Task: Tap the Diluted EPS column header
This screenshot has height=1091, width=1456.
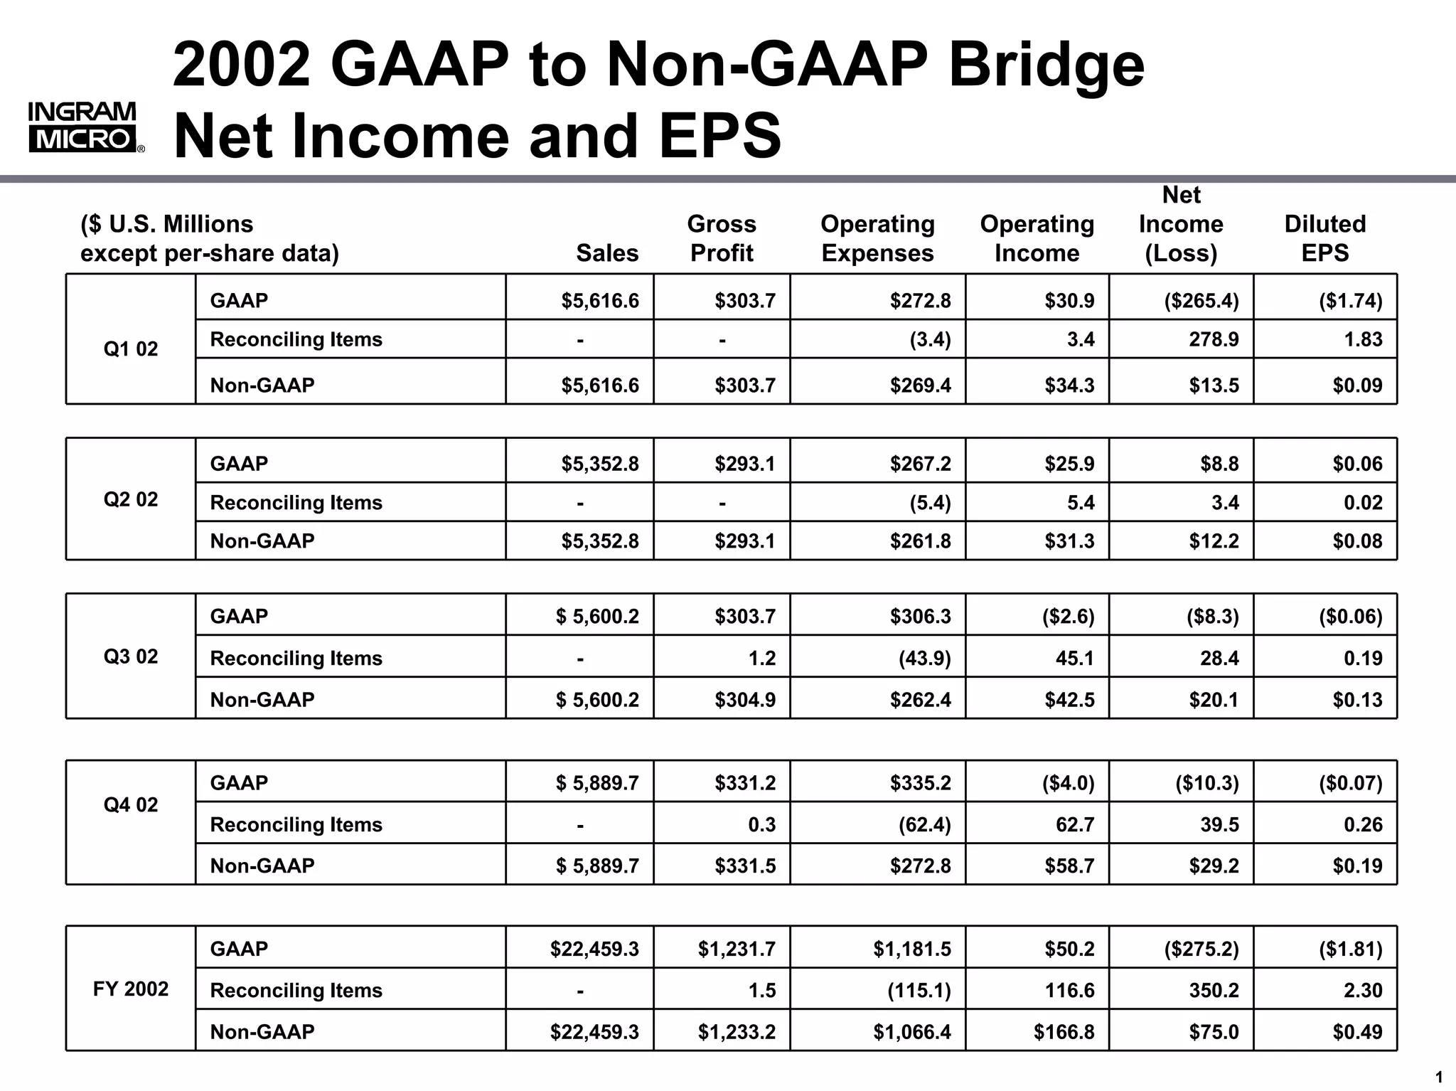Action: tap(1324, 238)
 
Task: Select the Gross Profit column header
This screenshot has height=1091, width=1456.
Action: tap(722, 238)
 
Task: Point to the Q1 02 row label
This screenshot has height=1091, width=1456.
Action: tap(131, 349)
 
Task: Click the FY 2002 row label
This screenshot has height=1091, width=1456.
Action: tap(131, 989)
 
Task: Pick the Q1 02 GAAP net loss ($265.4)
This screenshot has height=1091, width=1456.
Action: tap(1201, 301)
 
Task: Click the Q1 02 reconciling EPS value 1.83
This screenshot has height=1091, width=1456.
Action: tap(1362, 339)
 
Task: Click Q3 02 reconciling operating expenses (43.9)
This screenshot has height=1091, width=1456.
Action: tap(924, 659)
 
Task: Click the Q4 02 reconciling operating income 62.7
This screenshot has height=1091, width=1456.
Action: tap(1074, 825)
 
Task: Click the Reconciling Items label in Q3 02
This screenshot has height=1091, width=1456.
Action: tap(296, 659)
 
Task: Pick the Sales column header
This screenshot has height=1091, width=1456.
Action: tap(606, 253)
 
